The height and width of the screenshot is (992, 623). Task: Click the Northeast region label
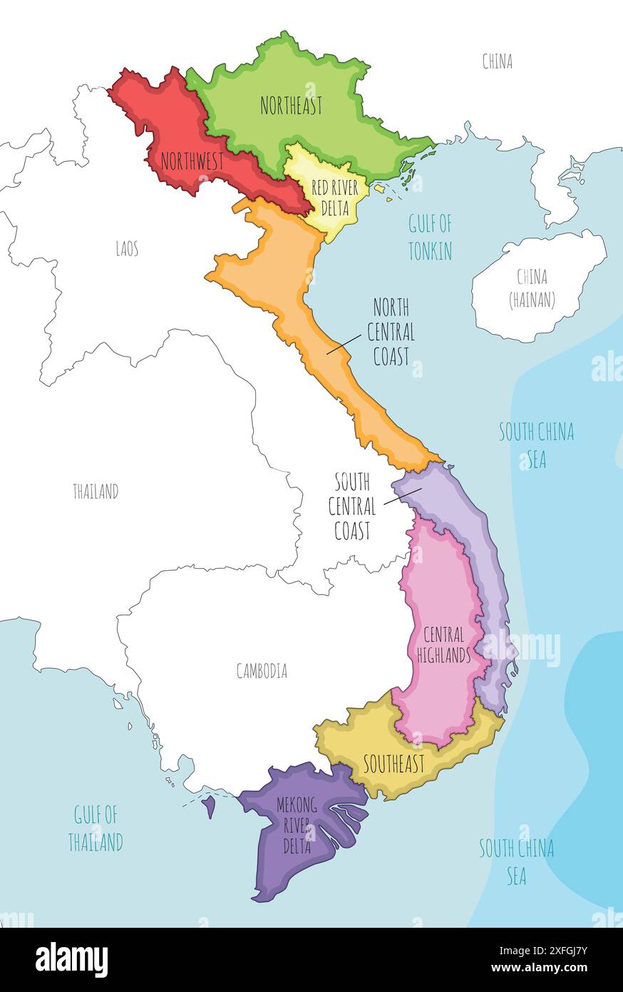coord(291,106)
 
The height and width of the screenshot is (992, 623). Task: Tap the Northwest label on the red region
coord(192,161)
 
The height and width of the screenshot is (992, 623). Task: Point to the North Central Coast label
coord(391,333)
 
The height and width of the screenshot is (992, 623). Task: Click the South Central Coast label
coord(351,507)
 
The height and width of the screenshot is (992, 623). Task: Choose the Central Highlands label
coord(443,644)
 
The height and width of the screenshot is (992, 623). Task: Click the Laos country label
coord(127,248)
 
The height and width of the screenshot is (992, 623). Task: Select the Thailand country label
coord(96,492)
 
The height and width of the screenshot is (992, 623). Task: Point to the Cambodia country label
coord(262,671)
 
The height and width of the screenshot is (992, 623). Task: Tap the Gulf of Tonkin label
coord(430,238)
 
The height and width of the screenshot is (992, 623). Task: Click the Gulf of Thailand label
coord(96,828)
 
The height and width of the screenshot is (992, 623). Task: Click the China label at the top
coord(497,62)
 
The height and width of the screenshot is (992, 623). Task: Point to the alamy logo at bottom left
coord(71,959)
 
